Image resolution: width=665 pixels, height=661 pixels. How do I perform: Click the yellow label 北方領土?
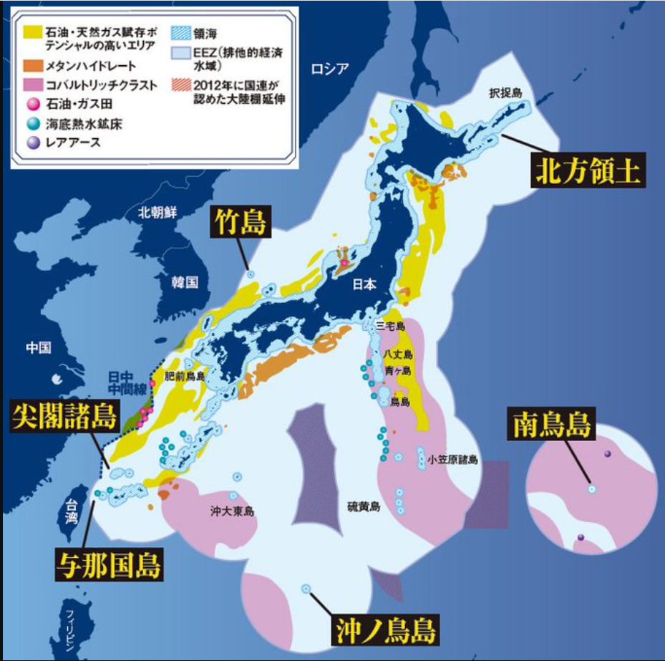pyautogui.click(x=588, y=171)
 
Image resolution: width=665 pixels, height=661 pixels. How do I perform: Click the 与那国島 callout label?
pyautogui.click(x=109, y=564)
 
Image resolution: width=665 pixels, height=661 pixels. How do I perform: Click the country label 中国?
pyautogui.click(x=39, y=347)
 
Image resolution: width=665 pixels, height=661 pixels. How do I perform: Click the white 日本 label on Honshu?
pyautogui.click(x=364, y=284)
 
